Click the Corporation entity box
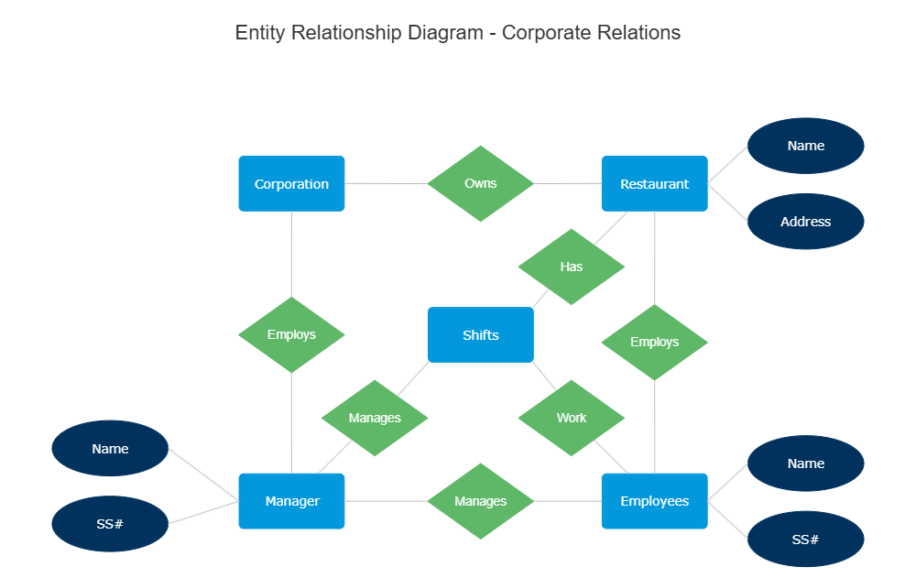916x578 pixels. (291, 184)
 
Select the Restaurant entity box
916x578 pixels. (654, 184)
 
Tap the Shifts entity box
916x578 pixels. (480, 335)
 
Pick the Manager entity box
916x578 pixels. (291, 501)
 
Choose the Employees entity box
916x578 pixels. (654, 501)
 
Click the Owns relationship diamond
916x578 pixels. (480, 183)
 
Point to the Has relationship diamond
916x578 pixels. (571, 267)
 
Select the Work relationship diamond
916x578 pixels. (571, 418)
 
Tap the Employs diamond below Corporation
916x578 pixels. (291, 334)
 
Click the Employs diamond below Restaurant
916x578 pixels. (654, 342)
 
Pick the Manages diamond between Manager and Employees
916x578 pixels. (480, 501)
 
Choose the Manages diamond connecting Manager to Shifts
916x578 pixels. (374, 418)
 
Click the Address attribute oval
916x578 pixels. (805, 222)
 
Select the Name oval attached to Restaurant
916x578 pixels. (805, 146)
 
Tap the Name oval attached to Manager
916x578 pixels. (110, 449)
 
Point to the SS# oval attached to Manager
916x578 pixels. (110, 525)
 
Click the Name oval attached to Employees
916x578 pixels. (805, 463)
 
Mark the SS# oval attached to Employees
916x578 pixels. (805, 540)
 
